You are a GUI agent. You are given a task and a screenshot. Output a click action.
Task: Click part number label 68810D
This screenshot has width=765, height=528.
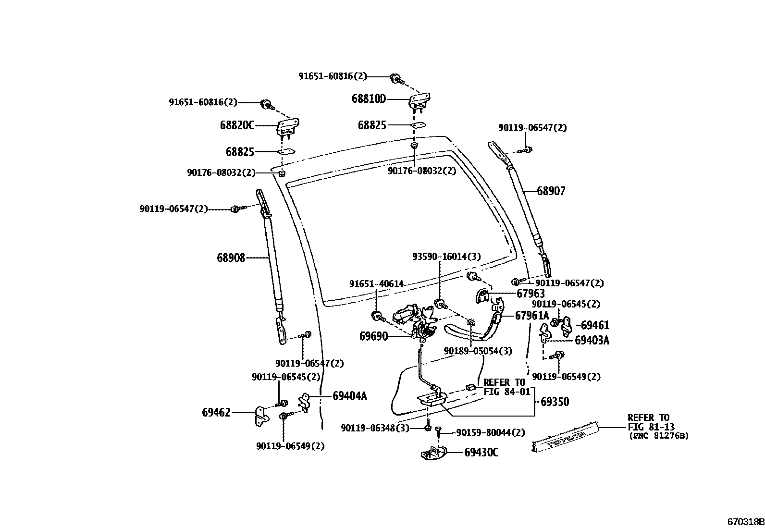click(369, 99)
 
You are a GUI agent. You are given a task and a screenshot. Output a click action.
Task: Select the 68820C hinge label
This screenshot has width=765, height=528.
click(237, 125)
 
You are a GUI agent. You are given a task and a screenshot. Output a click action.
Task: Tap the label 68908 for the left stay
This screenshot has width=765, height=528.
click(231, 258)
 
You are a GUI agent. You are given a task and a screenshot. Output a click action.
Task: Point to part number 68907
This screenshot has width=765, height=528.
click(551, 191)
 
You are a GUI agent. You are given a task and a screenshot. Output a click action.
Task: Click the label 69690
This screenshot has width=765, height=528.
click(373, 336)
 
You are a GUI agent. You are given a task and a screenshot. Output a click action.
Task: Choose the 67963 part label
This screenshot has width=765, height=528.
click(531, 294)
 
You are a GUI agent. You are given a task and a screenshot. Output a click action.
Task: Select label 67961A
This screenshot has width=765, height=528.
click(532, 316)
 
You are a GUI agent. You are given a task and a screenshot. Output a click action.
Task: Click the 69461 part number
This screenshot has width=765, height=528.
click(595, 326)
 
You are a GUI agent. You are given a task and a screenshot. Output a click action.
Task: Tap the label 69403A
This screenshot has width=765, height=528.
click(592, 341)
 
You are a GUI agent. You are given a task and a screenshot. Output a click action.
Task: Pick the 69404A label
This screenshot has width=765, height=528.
click(349, 396)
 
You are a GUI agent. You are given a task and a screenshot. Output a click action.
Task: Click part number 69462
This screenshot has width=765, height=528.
click(216, 412)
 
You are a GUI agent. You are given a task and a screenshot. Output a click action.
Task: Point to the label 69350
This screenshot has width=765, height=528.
click(555, 402)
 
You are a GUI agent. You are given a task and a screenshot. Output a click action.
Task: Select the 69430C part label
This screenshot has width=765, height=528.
click(481, 453)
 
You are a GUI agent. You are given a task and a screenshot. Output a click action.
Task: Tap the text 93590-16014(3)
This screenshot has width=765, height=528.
click(446, 257)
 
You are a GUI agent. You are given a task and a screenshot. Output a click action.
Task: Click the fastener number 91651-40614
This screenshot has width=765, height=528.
click(376, 284)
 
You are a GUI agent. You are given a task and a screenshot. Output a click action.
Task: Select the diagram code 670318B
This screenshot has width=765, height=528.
click(745, 522)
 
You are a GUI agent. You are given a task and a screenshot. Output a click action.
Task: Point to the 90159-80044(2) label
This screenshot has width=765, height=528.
click(491, 433)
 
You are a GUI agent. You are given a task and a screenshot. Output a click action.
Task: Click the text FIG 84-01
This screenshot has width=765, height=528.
click(506, 392)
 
